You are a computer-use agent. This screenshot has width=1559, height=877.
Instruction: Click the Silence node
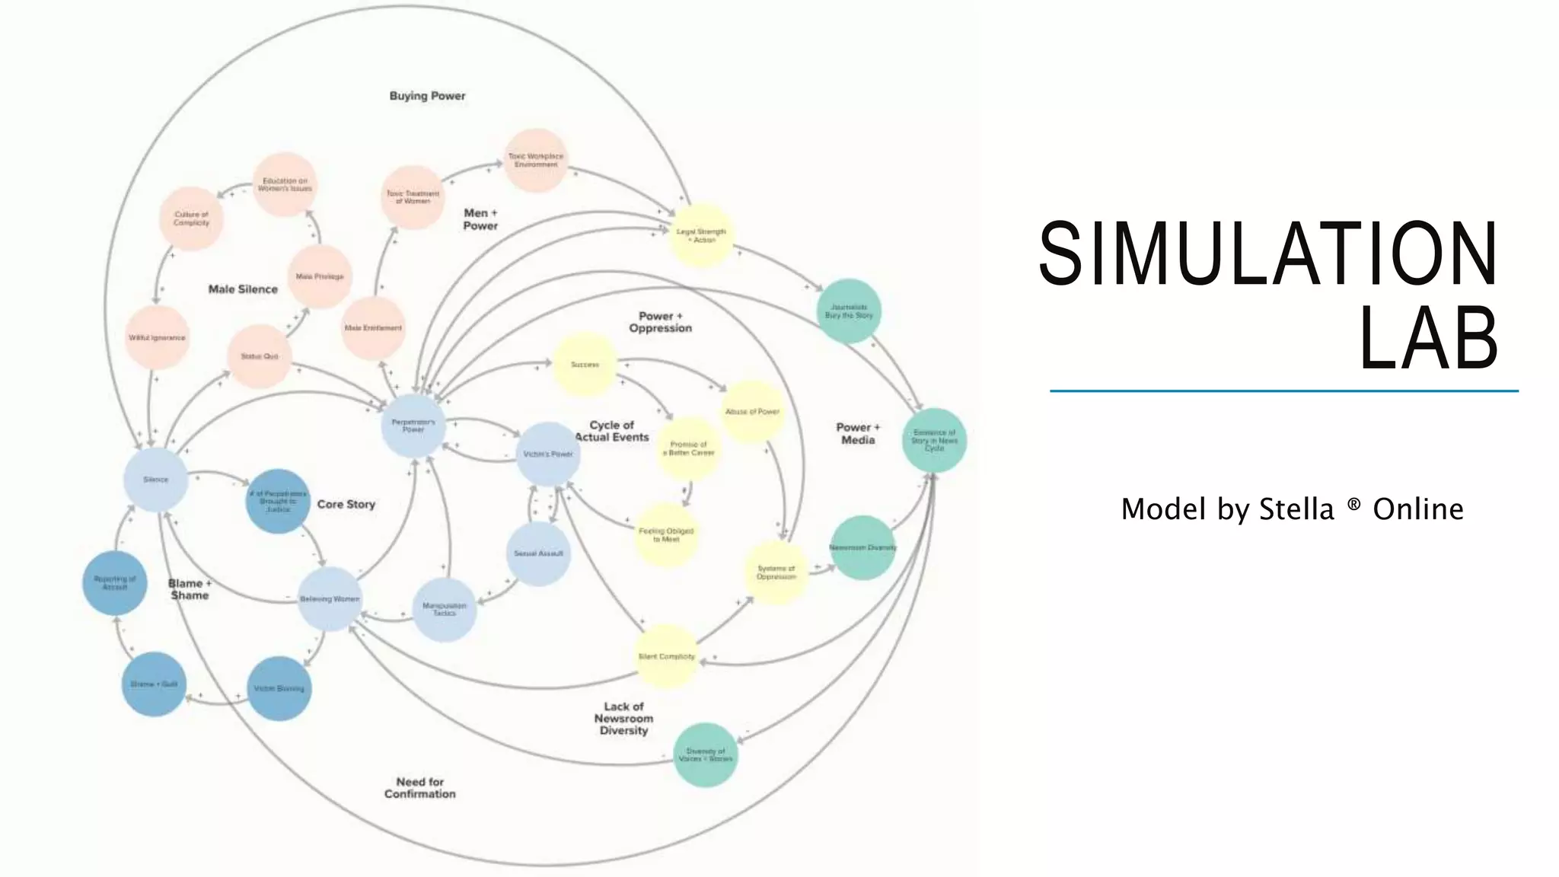[155, 480]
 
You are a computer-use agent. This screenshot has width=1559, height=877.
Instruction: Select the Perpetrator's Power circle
[413, 426]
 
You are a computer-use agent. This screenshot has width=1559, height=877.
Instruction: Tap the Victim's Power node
[548, 454]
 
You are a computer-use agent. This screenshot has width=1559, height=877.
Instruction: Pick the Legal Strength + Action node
[701, 235]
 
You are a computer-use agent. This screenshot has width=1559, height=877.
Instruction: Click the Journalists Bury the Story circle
[849, 311]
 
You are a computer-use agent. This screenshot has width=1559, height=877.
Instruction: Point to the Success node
[585, 365]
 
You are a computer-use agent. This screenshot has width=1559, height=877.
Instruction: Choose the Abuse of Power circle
[752, 412]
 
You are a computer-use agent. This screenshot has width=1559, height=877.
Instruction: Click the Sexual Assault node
[538, 553]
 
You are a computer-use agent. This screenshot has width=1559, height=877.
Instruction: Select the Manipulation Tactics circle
[445, 609]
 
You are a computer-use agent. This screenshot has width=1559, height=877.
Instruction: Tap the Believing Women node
[330, 599]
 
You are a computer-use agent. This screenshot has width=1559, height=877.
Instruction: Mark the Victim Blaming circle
[279, 688]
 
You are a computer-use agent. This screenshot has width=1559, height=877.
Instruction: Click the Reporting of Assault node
[115, 582]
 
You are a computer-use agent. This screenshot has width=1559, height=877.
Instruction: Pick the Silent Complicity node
[666, 656]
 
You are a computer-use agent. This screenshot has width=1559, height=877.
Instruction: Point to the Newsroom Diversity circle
[862, 547]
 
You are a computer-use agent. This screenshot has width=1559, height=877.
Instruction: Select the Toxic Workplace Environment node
[536, 161]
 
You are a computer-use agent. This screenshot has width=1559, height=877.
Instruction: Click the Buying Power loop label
[427, 96]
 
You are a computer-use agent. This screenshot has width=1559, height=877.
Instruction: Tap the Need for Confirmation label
[420, 788]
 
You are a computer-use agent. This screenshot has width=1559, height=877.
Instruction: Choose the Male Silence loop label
[243, 289]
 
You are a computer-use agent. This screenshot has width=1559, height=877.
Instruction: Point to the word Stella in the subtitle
[1296, 509]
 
